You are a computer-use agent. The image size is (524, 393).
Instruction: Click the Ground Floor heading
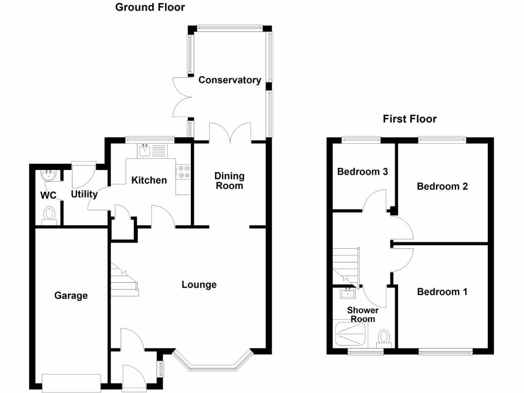pyautogui.click(x=150, y=7)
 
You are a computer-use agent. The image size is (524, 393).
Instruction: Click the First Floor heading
pyautogui.click(x=410, y=119)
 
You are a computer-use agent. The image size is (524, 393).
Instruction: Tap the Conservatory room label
pyautogui.click(x=230, y=80)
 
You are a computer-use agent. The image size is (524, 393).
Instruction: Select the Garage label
pyautogui.click(x=71, y=295)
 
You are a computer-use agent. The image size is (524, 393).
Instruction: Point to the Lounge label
pyautogui.click(x=199, y=285)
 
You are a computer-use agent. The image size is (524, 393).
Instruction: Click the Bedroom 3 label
pyautogui.click(x=362, y=172)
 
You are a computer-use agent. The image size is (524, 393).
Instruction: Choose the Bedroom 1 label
pyautogui.click(x=442, y=292)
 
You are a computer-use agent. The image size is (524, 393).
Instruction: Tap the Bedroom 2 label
pyautogui.click(x=442, y=186)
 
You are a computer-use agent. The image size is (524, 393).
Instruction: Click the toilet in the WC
pyautogui.click(x=49, y=214)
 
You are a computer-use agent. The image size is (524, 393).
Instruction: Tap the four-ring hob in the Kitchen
pyautogui.click(x=183, y=172)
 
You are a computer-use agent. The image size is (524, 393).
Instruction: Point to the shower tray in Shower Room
pyautogui.click(x=352, y=335)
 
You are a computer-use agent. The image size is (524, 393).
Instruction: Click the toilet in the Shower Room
pyautogui.click(x=384, y=337)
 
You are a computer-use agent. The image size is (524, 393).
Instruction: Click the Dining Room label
pyautogui.click(x=229, y=181)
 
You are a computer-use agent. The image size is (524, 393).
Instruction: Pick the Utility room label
pyautogui.click(x=84, y=194)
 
